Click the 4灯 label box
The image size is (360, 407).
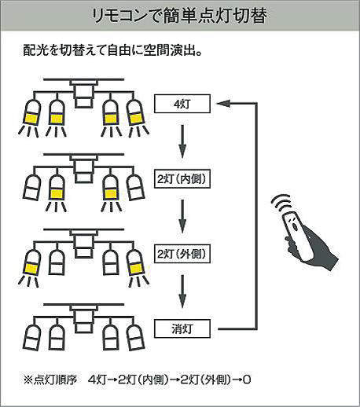tap(182, 104)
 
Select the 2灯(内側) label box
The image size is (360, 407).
tap(182, 179)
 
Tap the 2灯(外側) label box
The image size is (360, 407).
tap(182, 254)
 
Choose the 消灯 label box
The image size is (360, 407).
tap(182, 328)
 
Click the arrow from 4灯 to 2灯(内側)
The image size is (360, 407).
tap(182, 141)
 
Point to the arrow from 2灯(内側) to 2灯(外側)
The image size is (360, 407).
tap(182, 216)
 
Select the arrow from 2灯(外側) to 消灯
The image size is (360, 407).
tap(182, 291)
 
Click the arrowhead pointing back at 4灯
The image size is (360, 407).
tap(223, 104)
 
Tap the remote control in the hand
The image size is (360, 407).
tap(297, 234)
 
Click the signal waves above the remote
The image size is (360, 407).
tap(281, 203)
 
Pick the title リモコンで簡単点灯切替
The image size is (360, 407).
tap(180, 16)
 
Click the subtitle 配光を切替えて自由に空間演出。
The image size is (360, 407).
tap(113, 49)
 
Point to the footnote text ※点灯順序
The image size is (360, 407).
tap(50, 379)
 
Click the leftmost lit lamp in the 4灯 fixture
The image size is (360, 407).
tap(32, 112)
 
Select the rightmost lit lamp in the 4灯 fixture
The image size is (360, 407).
tap(135, 112)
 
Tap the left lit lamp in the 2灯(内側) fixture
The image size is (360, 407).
tap(57, 187)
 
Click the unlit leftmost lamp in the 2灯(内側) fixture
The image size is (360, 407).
tap(32, 187)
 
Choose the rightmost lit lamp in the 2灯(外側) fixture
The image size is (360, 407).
tap(135, 262)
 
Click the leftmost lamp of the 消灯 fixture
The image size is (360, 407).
tap(32, 337)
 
